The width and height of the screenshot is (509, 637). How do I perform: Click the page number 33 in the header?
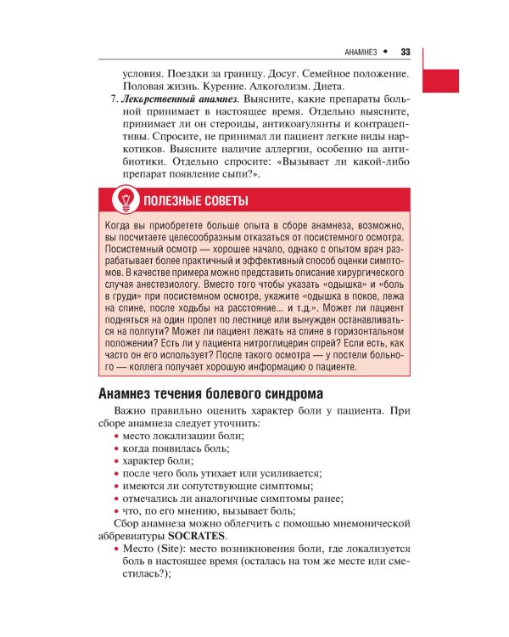[x=405, y=52]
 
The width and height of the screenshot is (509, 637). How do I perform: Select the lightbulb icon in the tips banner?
[x=126, y=201]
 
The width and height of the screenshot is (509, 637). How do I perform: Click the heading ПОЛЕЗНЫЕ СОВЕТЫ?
[x=196, y=201]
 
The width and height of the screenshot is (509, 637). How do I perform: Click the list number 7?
[x=114, y=99]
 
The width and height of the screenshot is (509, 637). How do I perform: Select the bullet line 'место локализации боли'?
[x=181, y=435]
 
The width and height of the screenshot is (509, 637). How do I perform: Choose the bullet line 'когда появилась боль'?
[x=176, y=448]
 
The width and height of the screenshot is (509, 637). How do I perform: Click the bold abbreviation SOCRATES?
[x=197, y=537]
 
